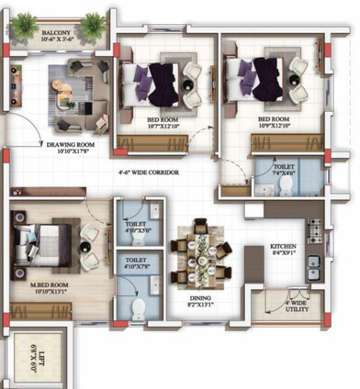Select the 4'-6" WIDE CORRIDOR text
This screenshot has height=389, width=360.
click(148, 173)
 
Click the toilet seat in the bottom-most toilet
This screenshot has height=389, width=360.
click(139, 306)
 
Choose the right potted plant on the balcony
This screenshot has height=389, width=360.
click(93, 23)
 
